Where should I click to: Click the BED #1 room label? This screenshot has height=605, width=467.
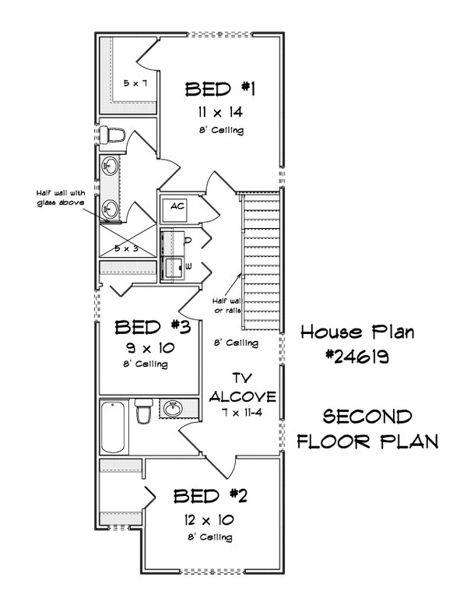(210, 90)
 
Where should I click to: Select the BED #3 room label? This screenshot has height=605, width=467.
(148, 326)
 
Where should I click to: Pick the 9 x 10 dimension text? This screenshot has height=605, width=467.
(148, 347)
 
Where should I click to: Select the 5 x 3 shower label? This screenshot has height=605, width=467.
(126, 248)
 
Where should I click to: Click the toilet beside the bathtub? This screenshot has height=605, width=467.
(144, 412)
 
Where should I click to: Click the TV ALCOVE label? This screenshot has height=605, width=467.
(244, 388)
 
